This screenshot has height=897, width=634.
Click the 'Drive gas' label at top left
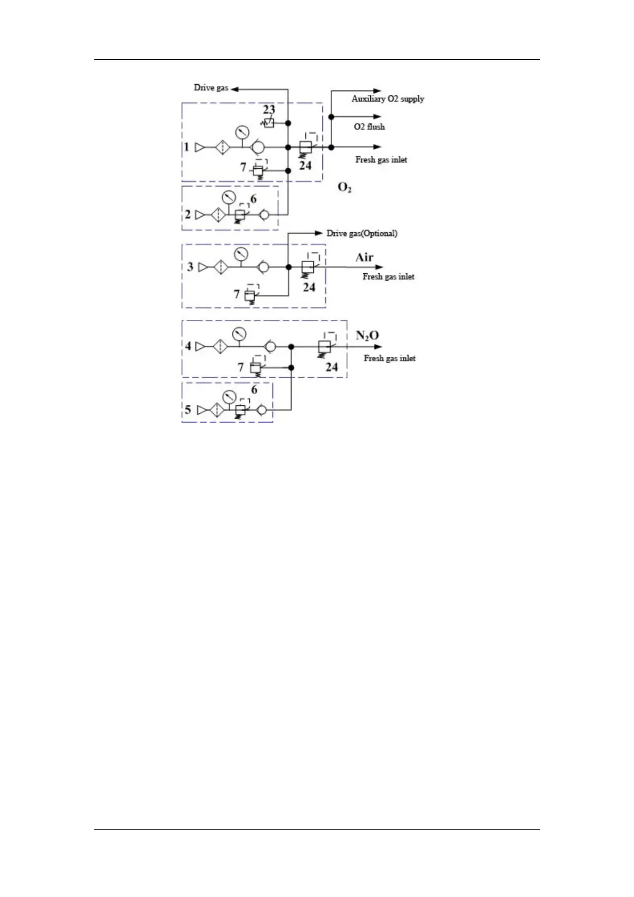(x=211, y=88)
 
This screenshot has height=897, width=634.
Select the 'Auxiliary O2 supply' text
(x=387, y=99)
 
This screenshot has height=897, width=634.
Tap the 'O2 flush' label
(x=369, y=127)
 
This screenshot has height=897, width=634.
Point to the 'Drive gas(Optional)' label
(x=362, y=233)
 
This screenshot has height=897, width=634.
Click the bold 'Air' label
(x=364, y=258)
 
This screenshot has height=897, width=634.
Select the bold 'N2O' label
(x=367, y=336)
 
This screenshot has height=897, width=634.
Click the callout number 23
(x=270, y=110)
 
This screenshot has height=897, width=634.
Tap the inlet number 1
(x=186, y=147)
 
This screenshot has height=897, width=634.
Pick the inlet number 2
(x=188, y=215)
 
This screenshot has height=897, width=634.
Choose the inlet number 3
(x=190, y=266)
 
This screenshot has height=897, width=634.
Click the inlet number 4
(x=188, y=346)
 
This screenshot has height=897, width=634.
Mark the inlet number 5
(x=188, y=410)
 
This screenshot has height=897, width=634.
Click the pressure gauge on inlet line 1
(x=242, y=132)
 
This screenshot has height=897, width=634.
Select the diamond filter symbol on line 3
(x=221, y=267)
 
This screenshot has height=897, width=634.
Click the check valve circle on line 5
(x=263, y=410)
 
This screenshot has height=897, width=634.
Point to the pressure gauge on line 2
(x=228, y=197)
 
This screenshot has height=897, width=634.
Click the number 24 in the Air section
(x=309, y=288)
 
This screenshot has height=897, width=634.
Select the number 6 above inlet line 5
(x=254, y=390)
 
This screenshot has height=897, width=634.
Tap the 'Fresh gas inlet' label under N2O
(x=389, y=358)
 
